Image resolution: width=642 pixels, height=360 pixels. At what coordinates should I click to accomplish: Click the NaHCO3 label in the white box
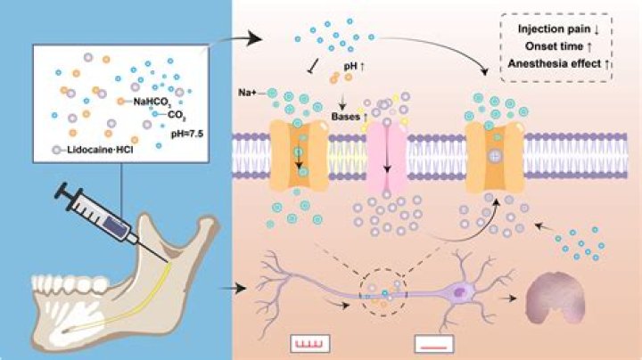point(152,102)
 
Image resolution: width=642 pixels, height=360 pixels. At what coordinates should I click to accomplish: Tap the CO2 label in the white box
point(177,116)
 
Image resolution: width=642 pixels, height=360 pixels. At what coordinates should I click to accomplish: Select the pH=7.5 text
point(187,134)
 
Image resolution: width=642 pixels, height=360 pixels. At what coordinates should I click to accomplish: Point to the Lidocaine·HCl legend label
point(100,150)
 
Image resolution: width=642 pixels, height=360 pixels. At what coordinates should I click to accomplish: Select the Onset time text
point(554,46)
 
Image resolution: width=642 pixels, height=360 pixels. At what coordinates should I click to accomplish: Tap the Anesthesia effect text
point(555,64)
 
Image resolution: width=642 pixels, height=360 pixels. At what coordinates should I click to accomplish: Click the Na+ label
point(247,93)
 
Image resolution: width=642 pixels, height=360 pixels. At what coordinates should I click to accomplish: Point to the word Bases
point(345,117)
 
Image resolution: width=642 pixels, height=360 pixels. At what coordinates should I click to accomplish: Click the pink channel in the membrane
point(386,158)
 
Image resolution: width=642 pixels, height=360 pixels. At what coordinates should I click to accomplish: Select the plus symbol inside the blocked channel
point(495,155)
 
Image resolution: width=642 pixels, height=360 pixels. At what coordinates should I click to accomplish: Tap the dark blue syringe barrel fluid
point(116,225)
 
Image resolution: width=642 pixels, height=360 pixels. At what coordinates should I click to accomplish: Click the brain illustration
point(556,298)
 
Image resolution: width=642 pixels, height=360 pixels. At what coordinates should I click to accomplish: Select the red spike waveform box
point(310,344)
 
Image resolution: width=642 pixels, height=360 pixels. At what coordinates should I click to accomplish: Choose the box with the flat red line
point(434,344)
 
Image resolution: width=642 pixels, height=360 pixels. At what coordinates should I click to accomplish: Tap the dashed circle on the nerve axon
point(383,269)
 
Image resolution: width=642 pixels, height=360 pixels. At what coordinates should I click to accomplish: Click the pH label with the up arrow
point(354,65)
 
